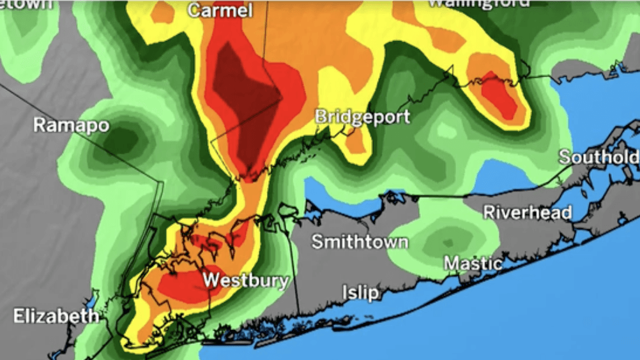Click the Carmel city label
[220, 11]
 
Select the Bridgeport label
[362, 117]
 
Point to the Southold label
[598, 157]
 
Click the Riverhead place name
[527, 213]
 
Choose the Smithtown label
[360, 242]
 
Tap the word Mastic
[473, 263]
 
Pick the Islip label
[361, 292]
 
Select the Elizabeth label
[56, 316]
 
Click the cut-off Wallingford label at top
[478, 3]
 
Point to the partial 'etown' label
[26, 4]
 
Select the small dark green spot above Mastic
[447, 243]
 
